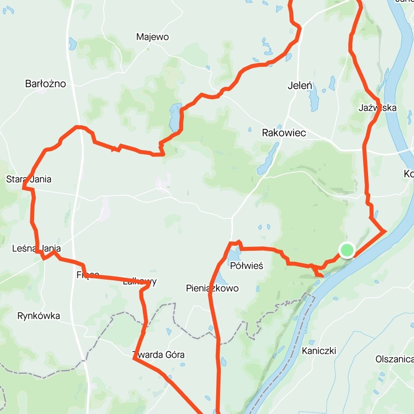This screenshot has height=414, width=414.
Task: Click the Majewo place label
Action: [x=153, y=37]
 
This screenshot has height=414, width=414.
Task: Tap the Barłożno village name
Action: [x=46, y=84]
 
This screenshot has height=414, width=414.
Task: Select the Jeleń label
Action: [x=300, y=86]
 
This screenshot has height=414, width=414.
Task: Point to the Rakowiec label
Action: [x=284, y=133]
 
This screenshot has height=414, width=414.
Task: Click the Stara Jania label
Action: [x=29, y=179]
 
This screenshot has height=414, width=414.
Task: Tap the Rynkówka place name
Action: [x=39, y=316]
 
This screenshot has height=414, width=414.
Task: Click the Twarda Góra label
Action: [x=158, y=355]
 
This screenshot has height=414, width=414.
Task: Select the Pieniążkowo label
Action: [x=212, y=288]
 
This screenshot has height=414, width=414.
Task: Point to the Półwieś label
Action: [x=247, y=266]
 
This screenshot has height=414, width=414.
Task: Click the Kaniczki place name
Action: [x=319, y=350]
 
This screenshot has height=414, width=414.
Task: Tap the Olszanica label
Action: [x=394, y=359]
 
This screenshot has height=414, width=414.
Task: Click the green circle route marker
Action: [x=347, y=250]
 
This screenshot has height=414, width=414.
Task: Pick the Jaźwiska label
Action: [x=378, y=108]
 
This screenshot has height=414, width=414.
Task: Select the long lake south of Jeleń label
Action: [x=314, y=98]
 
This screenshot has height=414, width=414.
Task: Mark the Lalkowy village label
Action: [x=140, y=282]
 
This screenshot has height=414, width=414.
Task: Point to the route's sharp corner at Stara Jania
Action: [x=23, y=188]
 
